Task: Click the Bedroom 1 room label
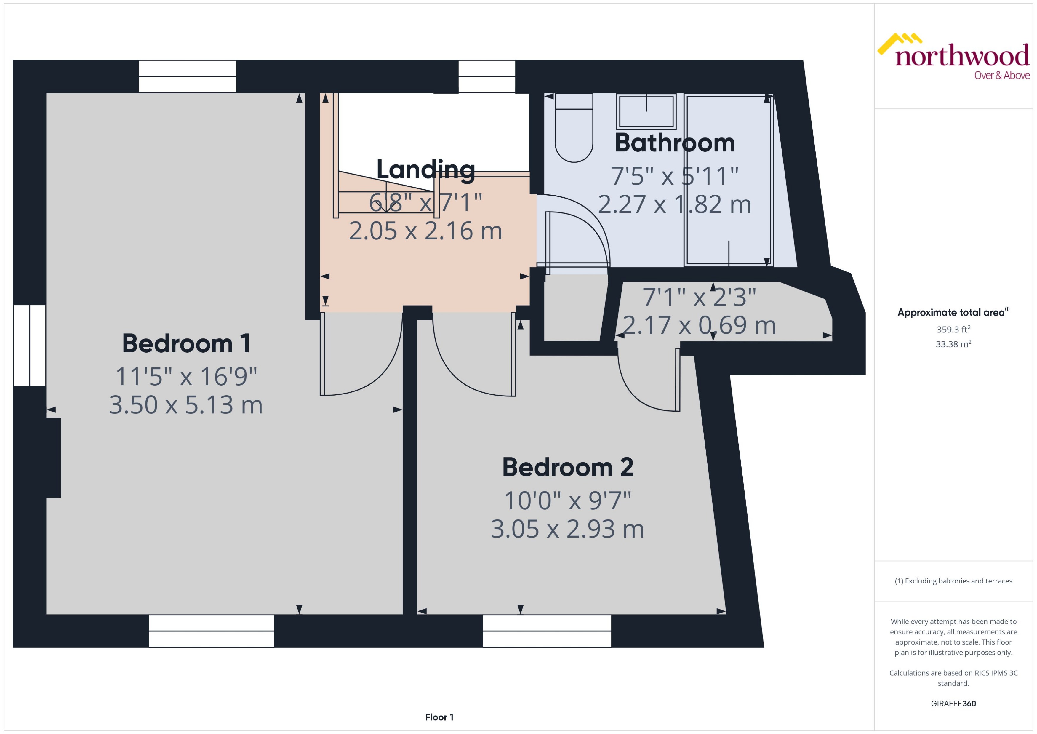click(186, 343)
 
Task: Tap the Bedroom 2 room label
click(567, 467)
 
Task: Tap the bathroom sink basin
click(646, 112)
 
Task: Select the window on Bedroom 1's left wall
click(29, 345)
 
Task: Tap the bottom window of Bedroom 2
click(547, 631)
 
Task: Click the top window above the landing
click(487, 76)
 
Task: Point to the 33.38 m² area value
click(953, 344)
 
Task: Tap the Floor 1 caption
click(439, 717)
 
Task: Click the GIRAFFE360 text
click(953, 703)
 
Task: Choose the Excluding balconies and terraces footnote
click(953, 581)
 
